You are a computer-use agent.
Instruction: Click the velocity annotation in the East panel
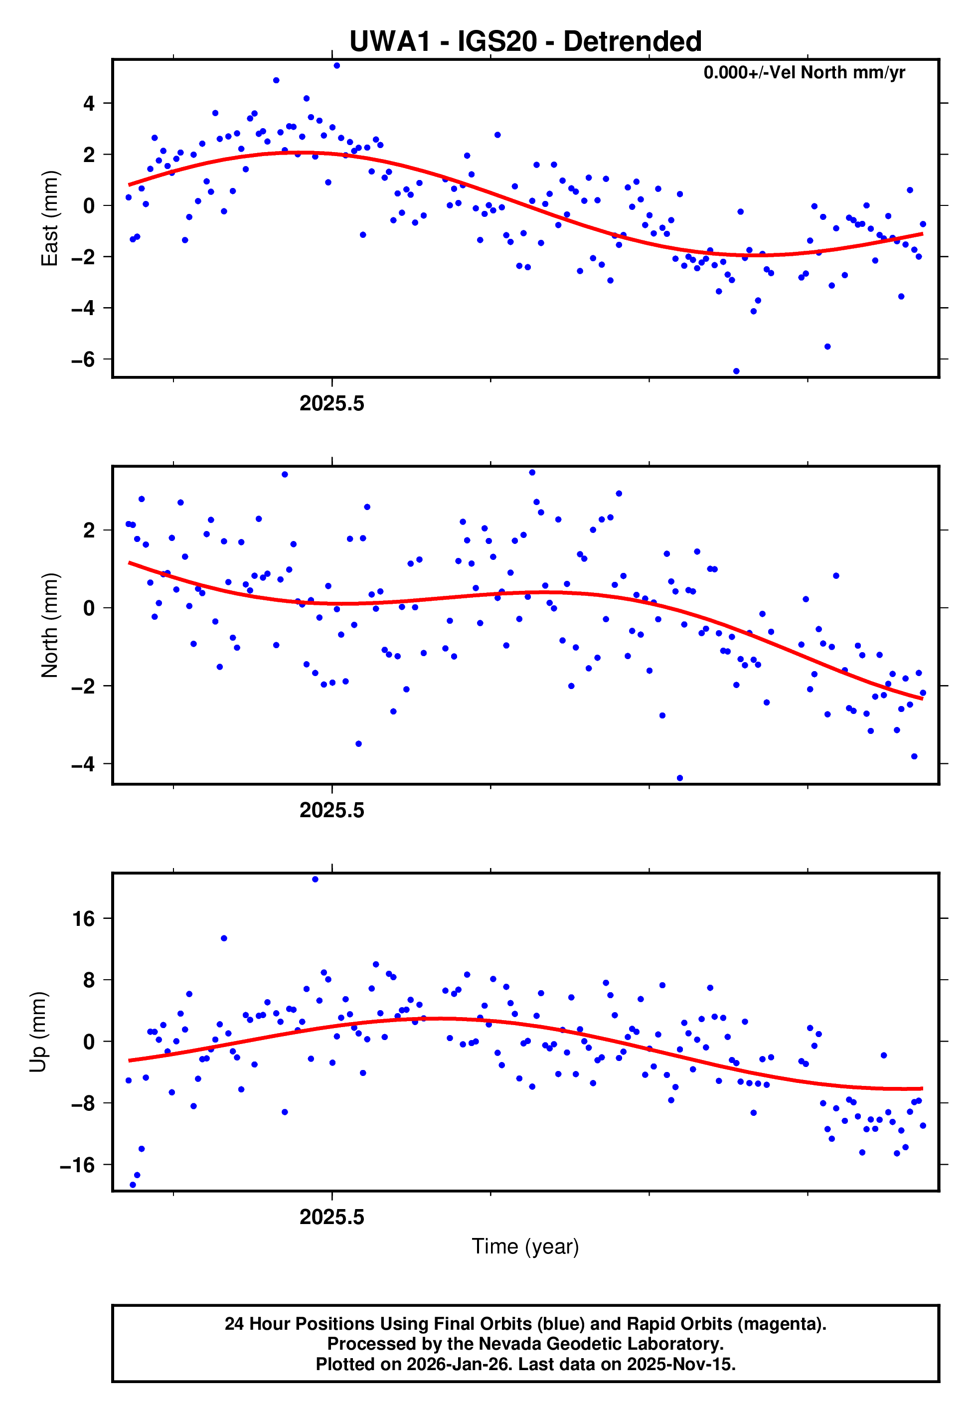click(x=804, y=73)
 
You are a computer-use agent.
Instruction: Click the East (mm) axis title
click(x=50, y=219)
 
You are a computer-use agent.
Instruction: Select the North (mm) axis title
click(x=50, y=625)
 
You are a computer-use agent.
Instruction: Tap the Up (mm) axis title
click(x=38, y=1032)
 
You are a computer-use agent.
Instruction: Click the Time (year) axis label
click(x=525, y=1247)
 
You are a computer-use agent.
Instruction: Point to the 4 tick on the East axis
click(x=89, y=104)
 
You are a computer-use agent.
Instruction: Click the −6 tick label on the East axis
click(x=83, y=359)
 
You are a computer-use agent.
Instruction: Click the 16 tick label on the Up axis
click(x=84, y=919)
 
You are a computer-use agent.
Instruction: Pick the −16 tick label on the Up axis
click(x=77, y=1165)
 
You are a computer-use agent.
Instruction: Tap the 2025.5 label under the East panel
click(x=331, y=404)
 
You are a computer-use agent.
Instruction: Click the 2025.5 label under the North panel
click(x=331, y=811)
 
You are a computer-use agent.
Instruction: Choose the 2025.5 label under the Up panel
click(x=331, y=1218)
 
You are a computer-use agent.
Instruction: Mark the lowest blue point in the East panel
click(x=736, y=371)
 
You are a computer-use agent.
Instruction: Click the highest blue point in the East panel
click(x=336, y=65)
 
